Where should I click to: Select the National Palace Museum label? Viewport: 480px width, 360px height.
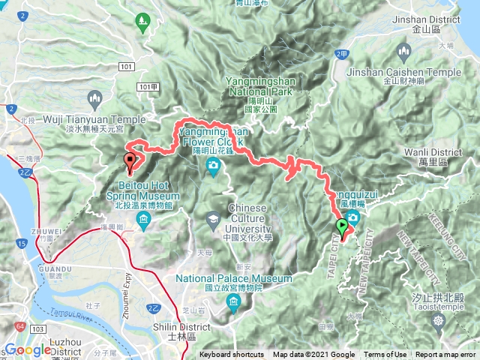233,279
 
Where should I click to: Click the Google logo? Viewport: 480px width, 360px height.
28,350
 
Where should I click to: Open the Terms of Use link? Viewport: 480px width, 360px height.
385,355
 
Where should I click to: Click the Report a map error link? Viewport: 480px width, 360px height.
446,355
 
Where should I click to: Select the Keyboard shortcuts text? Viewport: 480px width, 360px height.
232,355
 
